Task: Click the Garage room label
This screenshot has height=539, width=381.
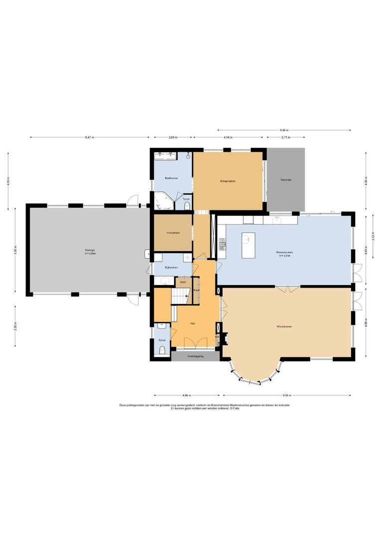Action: (90, 250)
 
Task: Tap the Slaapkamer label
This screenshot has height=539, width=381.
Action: (228, 181)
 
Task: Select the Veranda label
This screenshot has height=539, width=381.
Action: (286, 179)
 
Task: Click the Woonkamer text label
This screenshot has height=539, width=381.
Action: (284, 326)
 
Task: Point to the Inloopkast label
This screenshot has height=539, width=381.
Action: (173, 233)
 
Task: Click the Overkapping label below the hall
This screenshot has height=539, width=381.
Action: (195, 356)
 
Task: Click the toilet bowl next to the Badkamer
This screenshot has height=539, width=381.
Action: (187, 205)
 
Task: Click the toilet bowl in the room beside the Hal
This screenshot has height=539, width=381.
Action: (162, 351)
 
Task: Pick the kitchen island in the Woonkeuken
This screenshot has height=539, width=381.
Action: (248, 245)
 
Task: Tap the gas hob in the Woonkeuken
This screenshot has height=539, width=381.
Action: (222, 244)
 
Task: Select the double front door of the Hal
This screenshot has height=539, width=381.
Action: (195, 343)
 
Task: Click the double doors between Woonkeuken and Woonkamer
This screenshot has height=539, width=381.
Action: (288, 288)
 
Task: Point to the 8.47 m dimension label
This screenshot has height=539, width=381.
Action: (89, 137)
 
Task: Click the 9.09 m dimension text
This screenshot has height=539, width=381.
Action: (287, 396)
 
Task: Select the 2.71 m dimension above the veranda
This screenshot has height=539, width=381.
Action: (285, 137)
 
